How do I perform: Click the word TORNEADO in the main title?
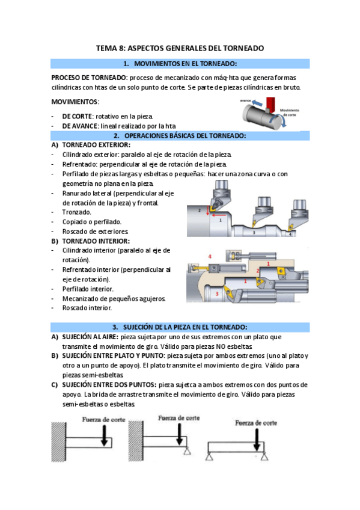point(243,49)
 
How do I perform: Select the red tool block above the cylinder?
point(270,104)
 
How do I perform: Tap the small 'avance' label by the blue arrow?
point(245,101)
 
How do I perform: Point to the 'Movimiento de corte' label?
point(289,112)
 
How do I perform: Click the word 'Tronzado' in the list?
point(77,212)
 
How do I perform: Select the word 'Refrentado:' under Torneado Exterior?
point(80,165)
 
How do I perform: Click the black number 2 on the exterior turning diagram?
point(200,210)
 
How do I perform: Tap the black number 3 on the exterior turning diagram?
point(254,233)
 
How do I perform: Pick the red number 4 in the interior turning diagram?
point(210,257)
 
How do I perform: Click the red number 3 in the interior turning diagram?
point(217,294)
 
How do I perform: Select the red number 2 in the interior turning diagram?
point(258,271)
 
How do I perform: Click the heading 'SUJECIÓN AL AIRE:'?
point(90,337)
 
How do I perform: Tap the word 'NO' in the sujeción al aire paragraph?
point(221,347)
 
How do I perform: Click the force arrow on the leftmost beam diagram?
point(104,435)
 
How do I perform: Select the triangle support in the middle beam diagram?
point(187,450)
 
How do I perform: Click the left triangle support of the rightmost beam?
point(209,456)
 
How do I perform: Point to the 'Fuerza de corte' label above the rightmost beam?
point(256,423)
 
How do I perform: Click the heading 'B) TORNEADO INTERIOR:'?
point(91,241)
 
